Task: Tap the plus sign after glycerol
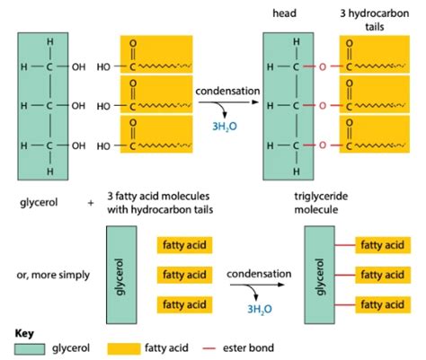(x=91, y=204)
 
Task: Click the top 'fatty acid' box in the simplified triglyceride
(x=383, y=243)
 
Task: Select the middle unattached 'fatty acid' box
(x=184, y=274)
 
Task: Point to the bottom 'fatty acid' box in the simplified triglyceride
(x=383, y=304)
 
